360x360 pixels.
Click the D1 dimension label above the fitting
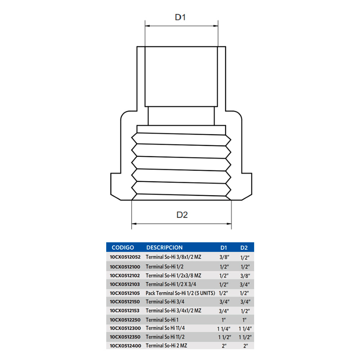(180, 17)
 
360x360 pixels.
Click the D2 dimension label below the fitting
(182, 215)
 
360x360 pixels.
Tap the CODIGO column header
(123, 248)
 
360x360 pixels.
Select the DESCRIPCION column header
(165, 248)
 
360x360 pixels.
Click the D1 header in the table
(224, 248)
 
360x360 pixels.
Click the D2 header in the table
(244, 248)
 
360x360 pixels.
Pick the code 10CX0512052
(125, 257)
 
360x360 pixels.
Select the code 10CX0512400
(125, 346)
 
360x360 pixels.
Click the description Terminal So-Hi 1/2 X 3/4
(171, 284)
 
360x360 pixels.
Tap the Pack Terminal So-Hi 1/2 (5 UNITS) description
(180, 293)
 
